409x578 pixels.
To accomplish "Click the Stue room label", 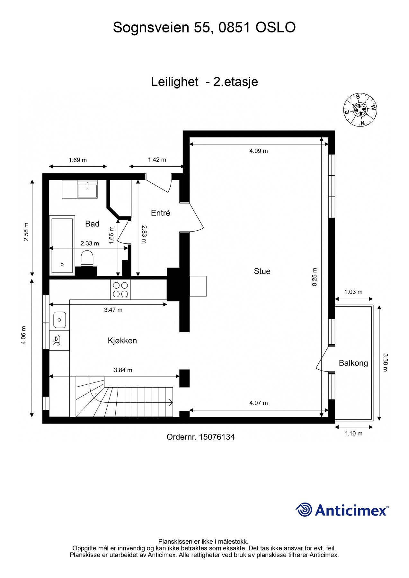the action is coord(262,271).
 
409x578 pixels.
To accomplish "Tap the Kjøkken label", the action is coord(122,341).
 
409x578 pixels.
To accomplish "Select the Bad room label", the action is coord(92,224).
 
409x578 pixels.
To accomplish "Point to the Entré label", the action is coord(160,213).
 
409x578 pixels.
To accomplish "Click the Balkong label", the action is coord(353,363).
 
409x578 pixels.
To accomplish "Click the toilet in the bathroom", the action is coord(87,258).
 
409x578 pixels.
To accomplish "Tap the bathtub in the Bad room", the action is coord(62,246).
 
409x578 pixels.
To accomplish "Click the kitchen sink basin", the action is coord(59,320).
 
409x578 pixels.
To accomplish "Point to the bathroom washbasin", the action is coord(87,189).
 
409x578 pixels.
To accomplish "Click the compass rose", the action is coord(360,110).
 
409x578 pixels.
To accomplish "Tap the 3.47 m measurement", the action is coord(113,310).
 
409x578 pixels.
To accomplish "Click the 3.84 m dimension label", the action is coord(123,370).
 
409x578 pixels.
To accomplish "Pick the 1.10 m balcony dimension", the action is coord(353,433).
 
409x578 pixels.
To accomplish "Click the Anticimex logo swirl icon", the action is coord(304,510).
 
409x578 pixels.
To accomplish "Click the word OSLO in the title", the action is coord(275,28).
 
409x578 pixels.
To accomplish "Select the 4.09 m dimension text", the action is coord(259,151).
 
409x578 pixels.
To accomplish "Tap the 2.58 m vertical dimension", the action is coord(26,232).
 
